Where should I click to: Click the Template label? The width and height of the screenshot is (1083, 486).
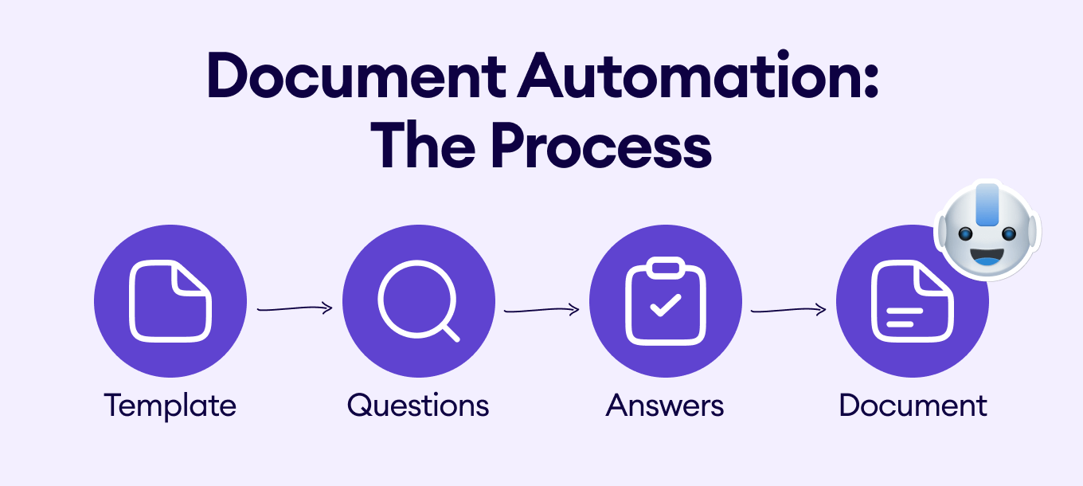(170, 406)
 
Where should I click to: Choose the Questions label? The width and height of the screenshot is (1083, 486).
(418, 406)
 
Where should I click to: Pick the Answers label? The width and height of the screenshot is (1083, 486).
(665, 406)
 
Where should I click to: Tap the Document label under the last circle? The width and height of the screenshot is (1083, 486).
(913, 406)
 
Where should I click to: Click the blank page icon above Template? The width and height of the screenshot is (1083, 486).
(170, 302)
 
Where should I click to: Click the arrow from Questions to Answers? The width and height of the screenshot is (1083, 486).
(541, 309)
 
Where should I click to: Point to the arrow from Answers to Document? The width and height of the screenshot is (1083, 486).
(788, 309)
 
